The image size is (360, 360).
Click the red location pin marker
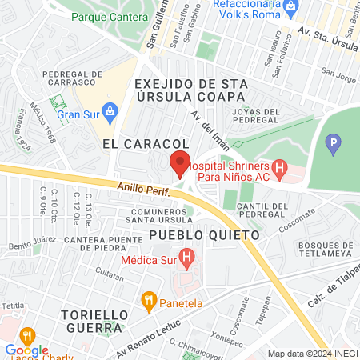click(180, 163)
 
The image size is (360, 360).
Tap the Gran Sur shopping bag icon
click(112, 110)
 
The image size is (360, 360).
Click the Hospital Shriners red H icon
click(278, 168)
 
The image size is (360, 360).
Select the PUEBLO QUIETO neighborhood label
click(205, 236)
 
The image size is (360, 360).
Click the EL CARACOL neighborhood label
click(133, 142)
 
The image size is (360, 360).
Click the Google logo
click(26, 350)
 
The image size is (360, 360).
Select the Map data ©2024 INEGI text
click(311, 354)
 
